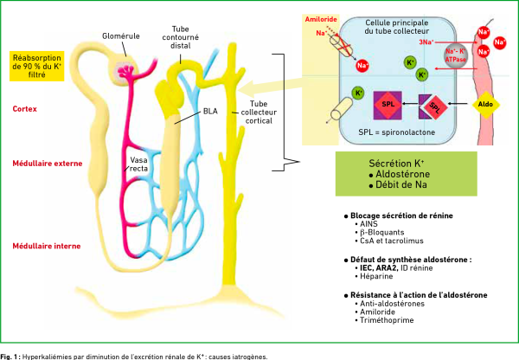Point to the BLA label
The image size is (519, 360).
coord(210,111)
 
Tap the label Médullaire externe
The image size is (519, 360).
coord(40,163)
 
